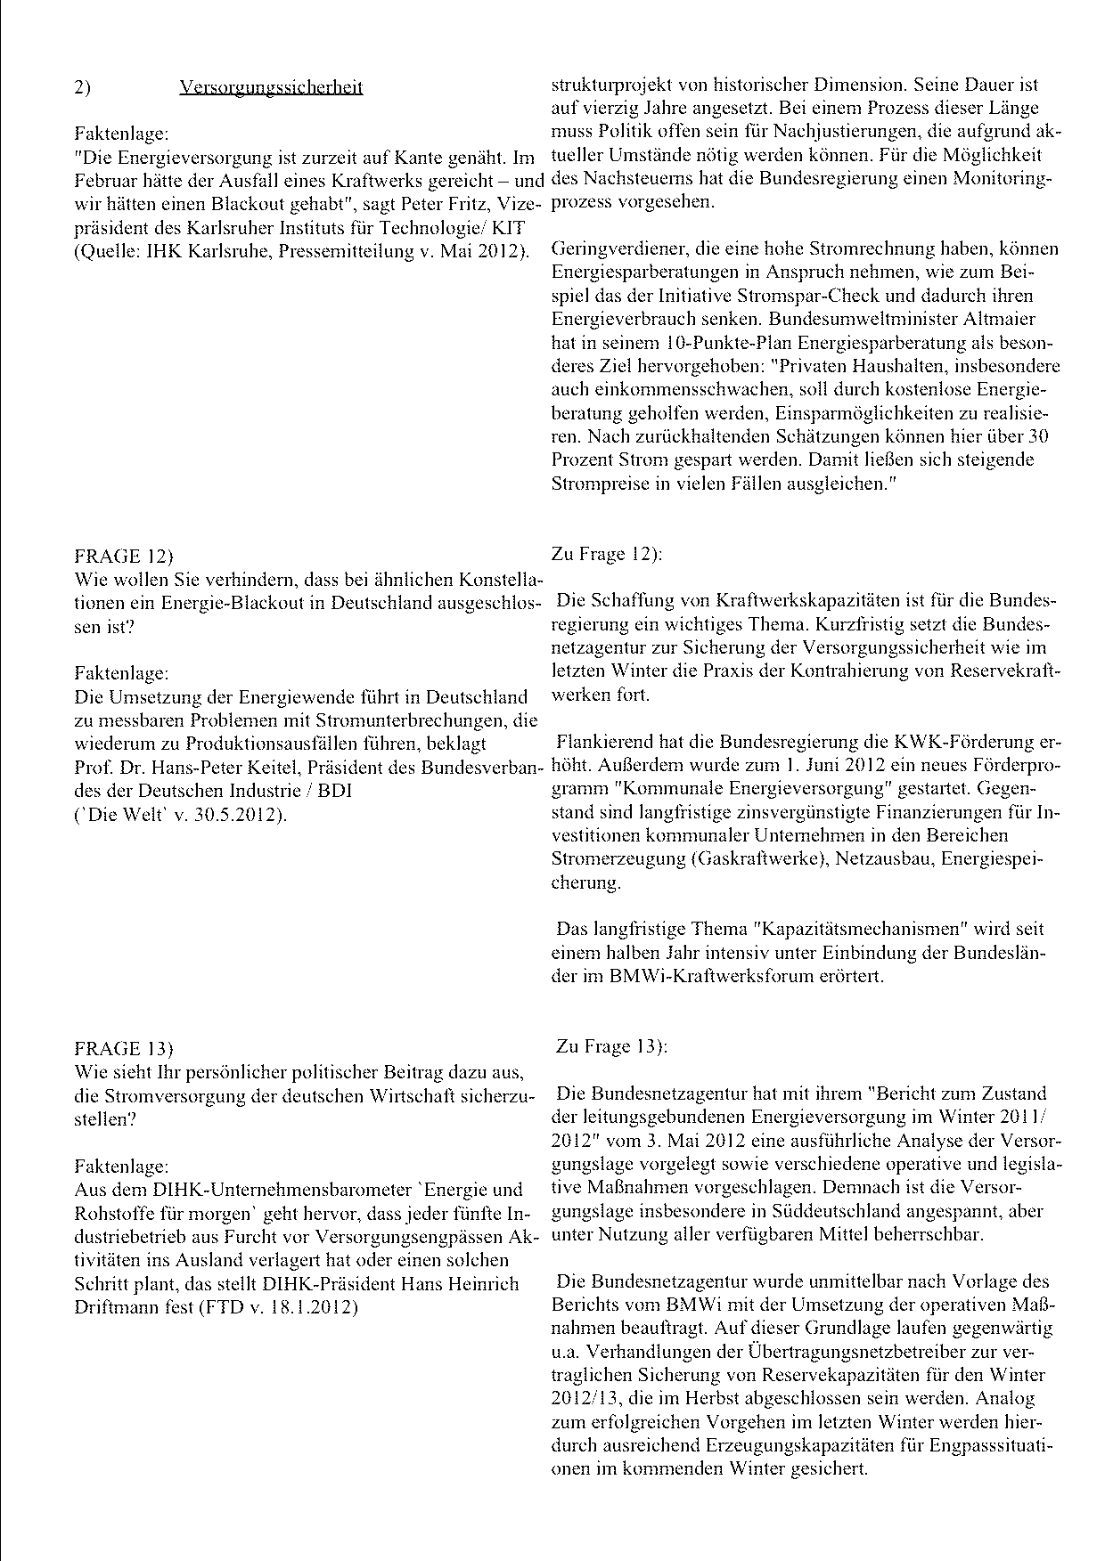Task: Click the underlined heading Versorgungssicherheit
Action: tap(271, 87)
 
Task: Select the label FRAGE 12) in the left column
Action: tap(123, 557)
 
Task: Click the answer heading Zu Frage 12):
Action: tap(607, 554)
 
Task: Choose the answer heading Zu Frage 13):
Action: tap(611, 1046)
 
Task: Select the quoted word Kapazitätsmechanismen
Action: tap(860, 929)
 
